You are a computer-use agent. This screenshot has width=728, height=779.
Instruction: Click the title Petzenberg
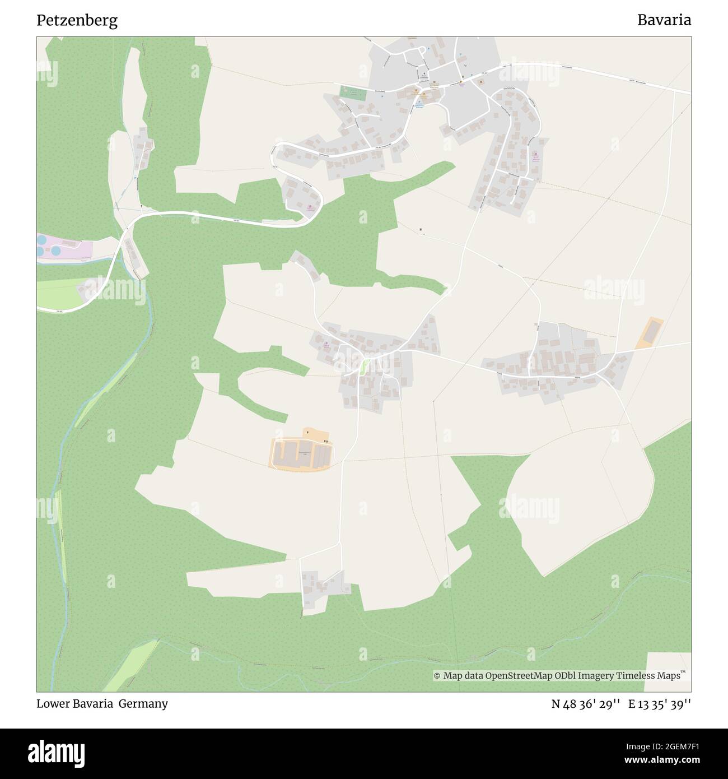(77, 21)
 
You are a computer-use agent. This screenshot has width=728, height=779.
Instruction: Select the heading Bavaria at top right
(664, 21)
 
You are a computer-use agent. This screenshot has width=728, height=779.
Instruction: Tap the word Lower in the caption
(52, 703)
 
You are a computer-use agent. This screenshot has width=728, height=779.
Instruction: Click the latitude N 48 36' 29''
(585, 703)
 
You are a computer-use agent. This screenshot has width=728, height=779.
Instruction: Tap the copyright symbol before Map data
(437, 676)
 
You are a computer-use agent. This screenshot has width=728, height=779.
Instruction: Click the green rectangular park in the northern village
(353, 93)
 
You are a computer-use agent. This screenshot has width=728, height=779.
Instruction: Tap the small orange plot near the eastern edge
(650, 332)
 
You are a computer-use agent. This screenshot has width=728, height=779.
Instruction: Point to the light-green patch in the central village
(363, 367)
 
